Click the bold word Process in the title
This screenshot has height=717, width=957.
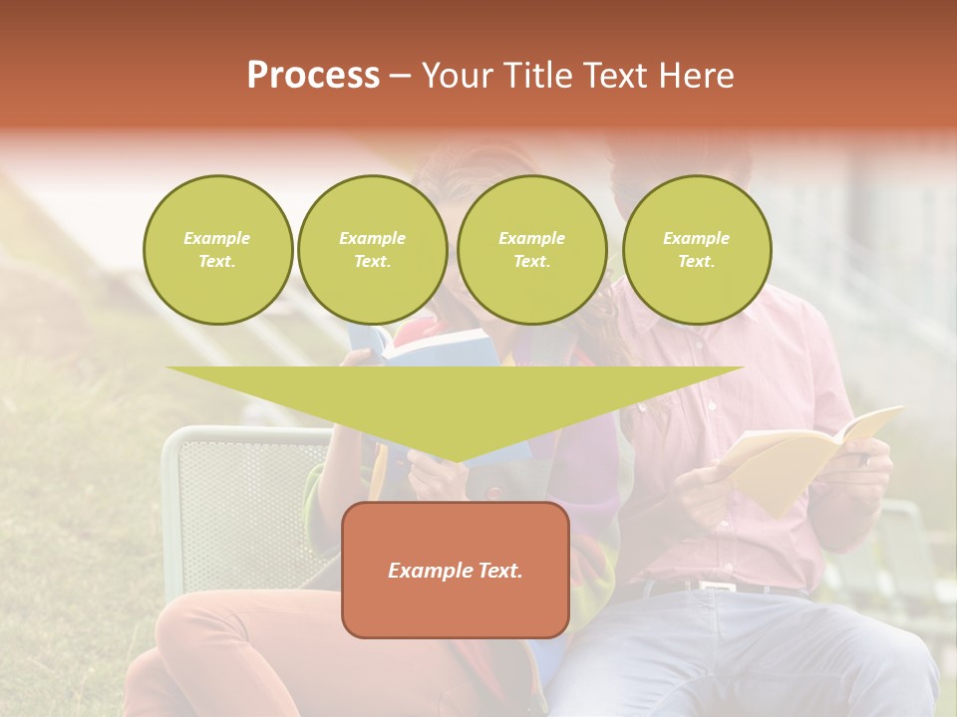click(313, 76)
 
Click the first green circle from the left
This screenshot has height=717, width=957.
click(218, 250)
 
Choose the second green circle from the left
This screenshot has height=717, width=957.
click(373, 250)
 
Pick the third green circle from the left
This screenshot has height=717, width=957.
click(532, 250)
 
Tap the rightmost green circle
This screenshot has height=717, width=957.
click(697, 250)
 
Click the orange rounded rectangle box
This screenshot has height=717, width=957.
click(456, 607)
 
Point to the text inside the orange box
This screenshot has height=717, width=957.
click(456, 571)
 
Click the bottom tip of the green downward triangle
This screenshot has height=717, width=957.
click(456, 460)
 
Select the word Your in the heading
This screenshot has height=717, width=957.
click(455, 76)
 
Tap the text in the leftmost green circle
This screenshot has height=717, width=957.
click(217, 250)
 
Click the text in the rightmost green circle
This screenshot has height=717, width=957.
click(696, 250)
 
